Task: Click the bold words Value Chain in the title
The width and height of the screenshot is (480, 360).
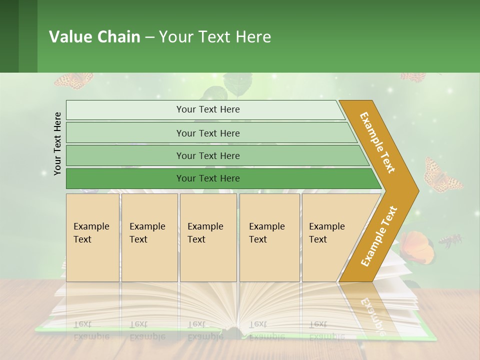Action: coord(94,37)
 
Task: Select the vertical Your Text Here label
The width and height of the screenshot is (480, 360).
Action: coord(58,143)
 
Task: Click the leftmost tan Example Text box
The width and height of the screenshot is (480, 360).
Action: coord(92,237)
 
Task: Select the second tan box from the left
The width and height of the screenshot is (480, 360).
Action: coord(149,237)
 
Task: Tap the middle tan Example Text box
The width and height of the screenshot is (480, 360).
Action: coord(208,237)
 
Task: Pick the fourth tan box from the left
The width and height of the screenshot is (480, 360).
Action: coord(269,237)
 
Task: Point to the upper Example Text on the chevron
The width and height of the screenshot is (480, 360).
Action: coord(377,142)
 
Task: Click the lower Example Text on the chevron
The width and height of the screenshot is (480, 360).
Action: coord(378,236)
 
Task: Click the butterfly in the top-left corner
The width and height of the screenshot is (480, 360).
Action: coord(74,80)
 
